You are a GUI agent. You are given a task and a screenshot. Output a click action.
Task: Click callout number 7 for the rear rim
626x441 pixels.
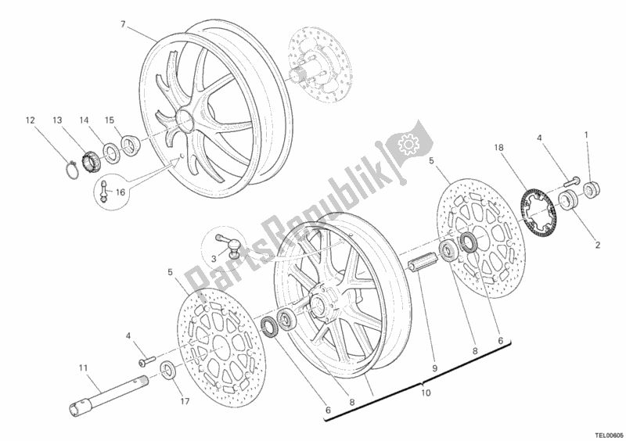123,24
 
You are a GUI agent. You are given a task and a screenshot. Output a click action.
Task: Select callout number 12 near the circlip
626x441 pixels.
30,120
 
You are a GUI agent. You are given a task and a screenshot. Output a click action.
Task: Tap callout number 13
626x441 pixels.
57,120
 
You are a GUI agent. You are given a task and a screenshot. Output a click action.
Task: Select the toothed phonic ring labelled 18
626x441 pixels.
540,199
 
